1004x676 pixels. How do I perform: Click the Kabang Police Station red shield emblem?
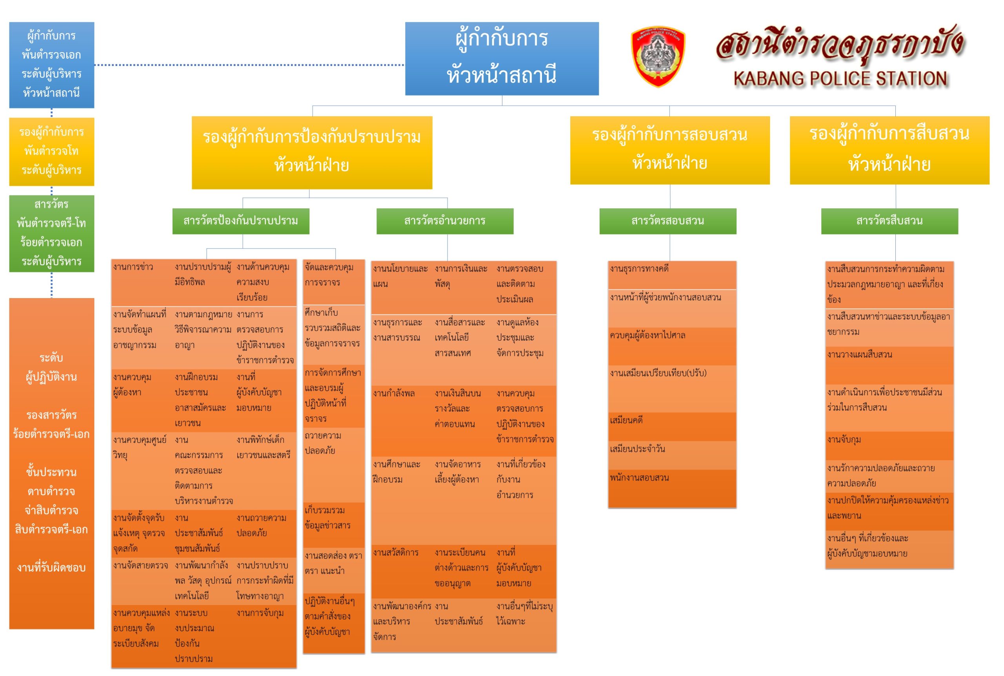pyautogui.click(x=657, y=56)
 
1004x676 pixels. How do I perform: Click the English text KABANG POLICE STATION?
pyautogui.click(x=840, y=79)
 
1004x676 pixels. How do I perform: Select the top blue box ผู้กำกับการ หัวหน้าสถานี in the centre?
pyautogui.click(x=502, y=59)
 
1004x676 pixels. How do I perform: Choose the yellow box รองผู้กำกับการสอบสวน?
pyautogui.click(x=669, y=150)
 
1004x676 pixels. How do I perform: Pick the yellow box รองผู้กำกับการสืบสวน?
pyautogui.click(x=889, y=150)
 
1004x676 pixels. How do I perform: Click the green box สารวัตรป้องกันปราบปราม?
pyautogui.click(x=241, y=221)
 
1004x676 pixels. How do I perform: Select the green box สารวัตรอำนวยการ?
pyautogui.click(x=445, y=221)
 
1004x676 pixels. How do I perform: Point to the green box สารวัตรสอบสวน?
pyautogui.click(x=668, y=221)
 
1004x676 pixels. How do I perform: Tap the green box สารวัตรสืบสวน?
pyautogui.click(x=889, y=221)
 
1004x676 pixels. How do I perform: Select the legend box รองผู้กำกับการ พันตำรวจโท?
pyautogui.click(x=51, y=151)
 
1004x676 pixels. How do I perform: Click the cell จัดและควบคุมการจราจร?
pyautogui.click(x=329, y=275)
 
